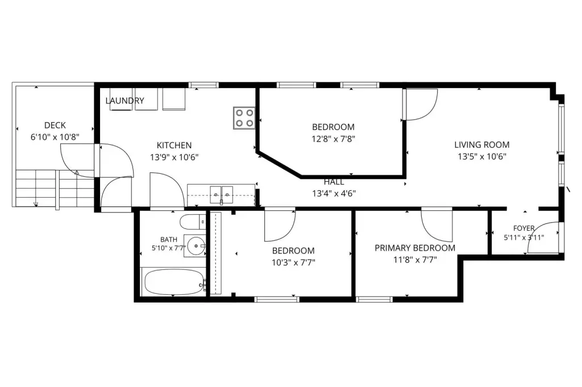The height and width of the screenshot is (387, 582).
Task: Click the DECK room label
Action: pyautogui.click(x=55, y=126)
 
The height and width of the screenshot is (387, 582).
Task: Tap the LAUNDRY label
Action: pyautogui.click(x=124, y=101)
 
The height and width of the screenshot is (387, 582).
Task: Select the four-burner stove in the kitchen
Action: pyautogui.click(x=244, y=118)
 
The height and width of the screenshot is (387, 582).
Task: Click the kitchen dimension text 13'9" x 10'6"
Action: pyautogui.click(x=174, y=157)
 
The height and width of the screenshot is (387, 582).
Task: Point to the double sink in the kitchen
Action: pyautogui.click(x=222, y=195)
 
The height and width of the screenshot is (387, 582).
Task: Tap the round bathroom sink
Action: pyautogui.click(x=196, y=245)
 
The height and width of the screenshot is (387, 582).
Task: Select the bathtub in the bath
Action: pyautogui.click(x=174, y=282)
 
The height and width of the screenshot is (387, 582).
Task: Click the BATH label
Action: pyautogui.click(x=168, y=240)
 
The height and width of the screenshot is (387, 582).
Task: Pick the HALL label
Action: pyautogui.click(x=334, y=182)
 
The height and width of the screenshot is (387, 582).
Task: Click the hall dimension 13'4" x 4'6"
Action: pyautogui.click(x=334, y=193)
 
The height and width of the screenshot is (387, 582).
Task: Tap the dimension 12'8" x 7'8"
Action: pyautogui.click(x=333, y=139)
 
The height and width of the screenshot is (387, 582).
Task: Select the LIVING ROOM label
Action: pyautogui.click(x=482, y=145)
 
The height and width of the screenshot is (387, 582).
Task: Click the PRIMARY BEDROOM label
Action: pyautogui.click(x=415, y=248)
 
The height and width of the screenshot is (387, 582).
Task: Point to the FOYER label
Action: pyautogui.click(x=523, y=228)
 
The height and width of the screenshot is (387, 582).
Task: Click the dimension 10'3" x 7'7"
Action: pyautogui.click(x=293, y=263)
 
